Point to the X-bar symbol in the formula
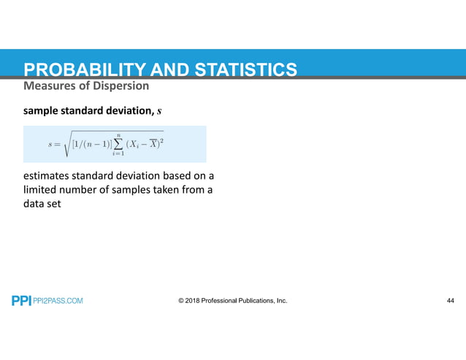(153, 143)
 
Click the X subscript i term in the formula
(134, 145)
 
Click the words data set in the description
(42, 205)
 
